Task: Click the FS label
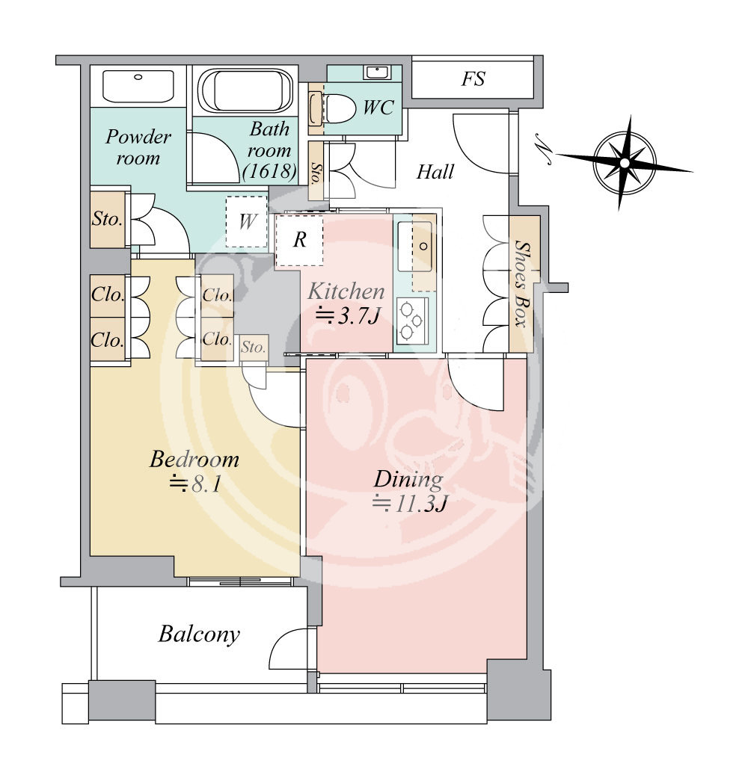coord(473,79)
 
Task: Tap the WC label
coord(378,107)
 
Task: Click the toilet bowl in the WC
coord(340,109)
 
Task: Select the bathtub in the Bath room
coord(246,90)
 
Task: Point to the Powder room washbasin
coord(138,86)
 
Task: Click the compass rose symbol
coord(625,163)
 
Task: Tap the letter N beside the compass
coord(545,149)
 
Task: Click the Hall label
coord(435,172)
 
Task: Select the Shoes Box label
coord(521,284)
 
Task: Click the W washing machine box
coord(247,221)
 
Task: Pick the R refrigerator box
coord(299,240)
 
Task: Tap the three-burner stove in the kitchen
coord(411,321)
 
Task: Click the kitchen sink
coord(414,247)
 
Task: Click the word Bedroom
coord(194,460)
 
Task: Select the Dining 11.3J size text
coord(410,504)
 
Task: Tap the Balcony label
coord(199,634)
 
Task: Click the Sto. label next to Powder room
coord(107,219)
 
